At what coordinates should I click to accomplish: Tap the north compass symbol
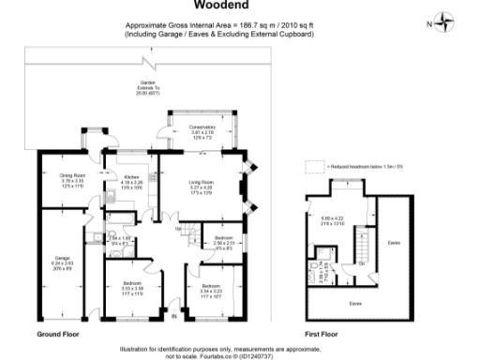point(444,22)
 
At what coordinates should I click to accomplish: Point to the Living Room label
point(202,185)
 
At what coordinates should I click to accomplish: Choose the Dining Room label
point(74,178)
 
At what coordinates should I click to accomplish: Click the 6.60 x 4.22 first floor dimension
point(333,222)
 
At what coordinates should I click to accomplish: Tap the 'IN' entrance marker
point(163,313)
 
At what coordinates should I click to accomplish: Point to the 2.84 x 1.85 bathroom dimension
point(119,240)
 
